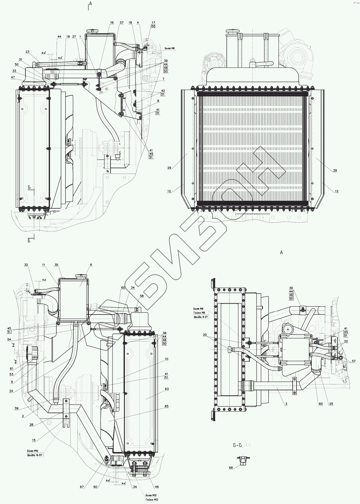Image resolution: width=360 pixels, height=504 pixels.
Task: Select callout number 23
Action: pos(27,52)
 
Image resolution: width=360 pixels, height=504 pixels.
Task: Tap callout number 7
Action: pos(164,79)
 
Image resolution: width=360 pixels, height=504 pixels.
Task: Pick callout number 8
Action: pos(158,101)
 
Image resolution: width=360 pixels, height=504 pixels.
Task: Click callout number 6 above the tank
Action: pos(91,265)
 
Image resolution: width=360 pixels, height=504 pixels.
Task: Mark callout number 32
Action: pos(26,265)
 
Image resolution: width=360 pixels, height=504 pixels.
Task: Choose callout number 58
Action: pos(142,296)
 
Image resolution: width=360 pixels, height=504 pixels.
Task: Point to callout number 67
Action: pos(82,487)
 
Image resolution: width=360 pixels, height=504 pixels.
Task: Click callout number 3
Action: pos(286,404)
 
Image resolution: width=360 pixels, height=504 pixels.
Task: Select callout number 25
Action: pos(331,404)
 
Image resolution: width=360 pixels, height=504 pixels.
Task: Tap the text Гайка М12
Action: pos(152,500)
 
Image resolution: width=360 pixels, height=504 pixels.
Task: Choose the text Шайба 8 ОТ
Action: pos(201,317)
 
